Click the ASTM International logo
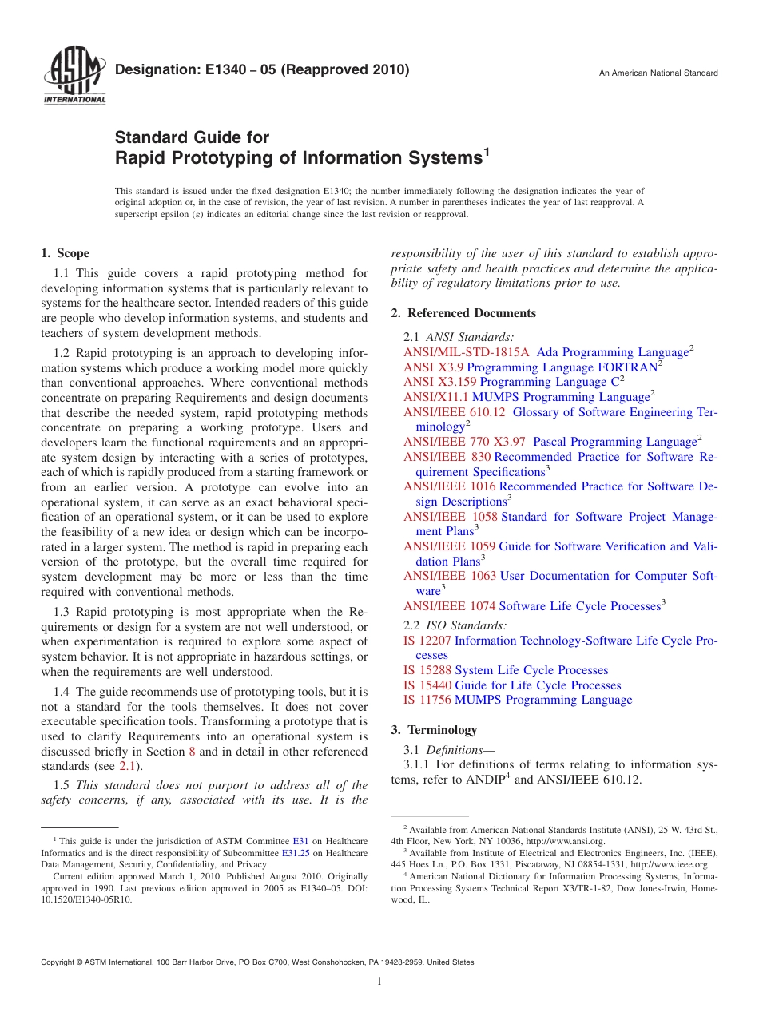click(x=74, y=77)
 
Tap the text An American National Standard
click(x=658, y=73)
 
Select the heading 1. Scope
click(x=65, y=254)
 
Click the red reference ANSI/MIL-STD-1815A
click(x=467, y=352)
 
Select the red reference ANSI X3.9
click(x=433, y=367)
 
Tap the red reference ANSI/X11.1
click(x=436, y=397)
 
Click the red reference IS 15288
click(x=427, y=670)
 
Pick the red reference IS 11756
click(x=427, y=700)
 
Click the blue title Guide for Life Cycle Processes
click(x=538, y=685)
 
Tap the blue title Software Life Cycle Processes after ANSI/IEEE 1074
click(x=579, y=606)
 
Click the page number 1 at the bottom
click(x=379, y=982)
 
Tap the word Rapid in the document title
click(x=142, y=158)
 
